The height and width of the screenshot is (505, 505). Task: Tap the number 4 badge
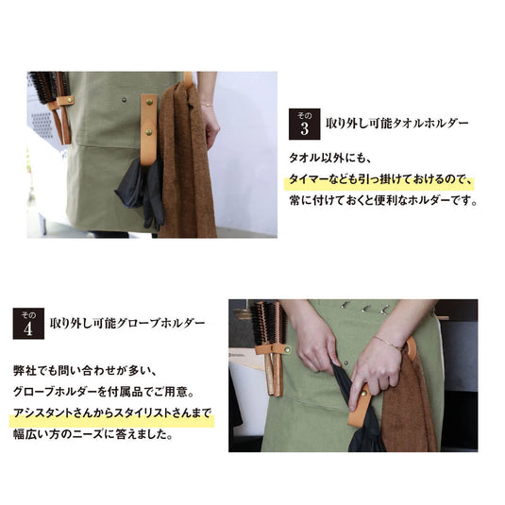point(27,323)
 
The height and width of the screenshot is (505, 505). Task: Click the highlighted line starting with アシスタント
point(112,413)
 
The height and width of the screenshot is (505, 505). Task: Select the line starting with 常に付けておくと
point(382,200)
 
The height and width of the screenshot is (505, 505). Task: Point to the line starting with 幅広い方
point(93,436)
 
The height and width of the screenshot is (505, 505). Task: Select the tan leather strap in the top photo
point(148,127)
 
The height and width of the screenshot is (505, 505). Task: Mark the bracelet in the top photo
point(205,104)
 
